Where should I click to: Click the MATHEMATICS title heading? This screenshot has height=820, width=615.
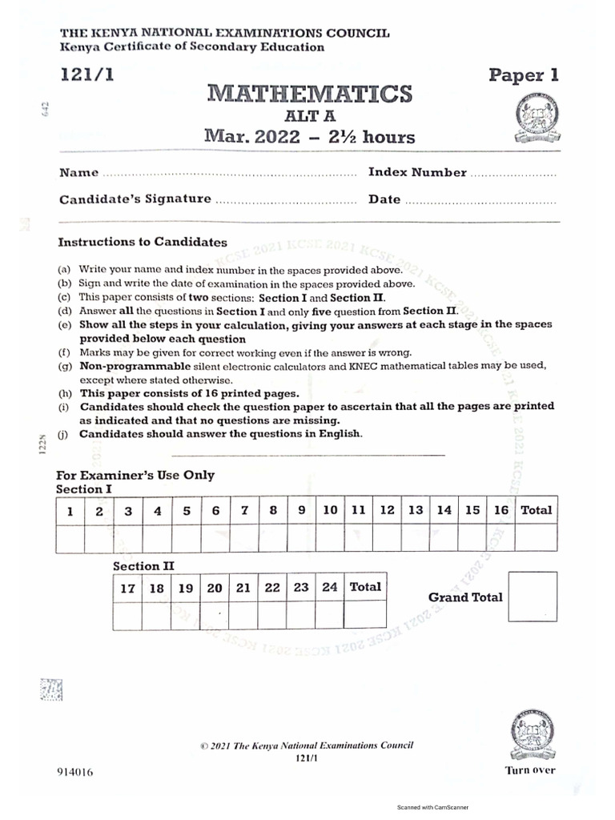click(310, 94)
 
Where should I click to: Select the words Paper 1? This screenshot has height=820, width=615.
click(524, 75)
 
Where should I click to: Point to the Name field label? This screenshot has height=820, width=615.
click(78, 173)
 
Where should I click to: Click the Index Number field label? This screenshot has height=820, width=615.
click(417, 172)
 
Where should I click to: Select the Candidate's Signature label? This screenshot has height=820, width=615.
click(135, 199)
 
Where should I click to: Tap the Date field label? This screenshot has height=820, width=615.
click(384, 199)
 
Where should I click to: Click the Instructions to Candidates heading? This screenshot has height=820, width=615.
click(143, 242)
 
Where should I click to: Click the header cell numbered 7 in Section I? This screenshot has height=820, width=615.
click(244, 510)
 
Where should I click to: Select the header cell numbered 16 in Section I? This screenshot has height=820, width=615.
click(501, 510)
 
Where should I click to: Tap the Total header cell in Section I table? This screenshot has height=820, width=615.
click(536, 510)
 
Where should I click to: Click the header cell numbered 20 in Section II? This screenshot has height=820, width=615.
click(215, 587)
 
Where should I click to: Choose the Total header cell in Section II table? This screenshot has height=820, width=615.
click(365, 587)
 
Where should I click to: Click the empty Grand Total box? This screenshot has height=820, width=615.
click(533, 597)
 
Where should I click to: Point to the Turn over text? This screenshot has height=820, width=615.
click(529, 770)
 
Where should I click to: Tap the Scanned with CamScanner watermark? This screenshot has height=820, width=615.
click(432, 808)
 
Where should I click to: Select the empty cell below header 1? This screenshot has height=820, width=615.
click(70, 539)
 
